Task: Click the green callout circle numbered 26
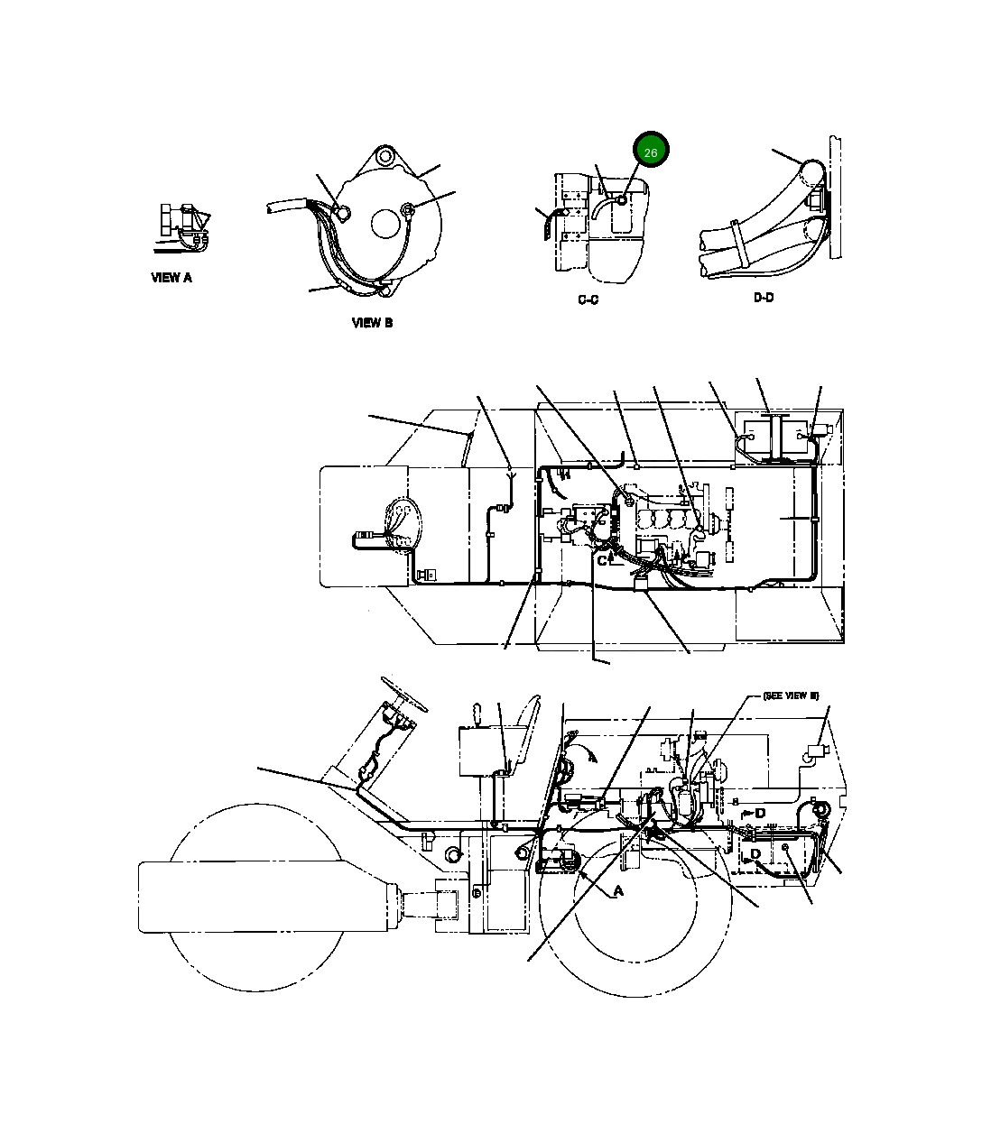(651, 152)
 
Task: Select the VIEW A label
(171, 278)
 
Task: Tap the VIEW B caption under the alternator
(372, 322)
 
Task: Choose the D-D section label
(764, 298)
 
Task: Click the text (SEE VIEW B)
(790, 695)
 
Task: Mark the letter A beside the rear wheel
(618, 891)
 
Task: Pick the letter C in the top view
(602, 560)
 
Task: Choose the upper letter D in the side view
(760, 813)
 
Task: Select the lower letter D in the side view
(755, 853)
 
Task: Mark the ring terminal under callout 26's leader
(622, 197)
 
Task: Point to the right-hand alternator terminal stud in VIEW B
(408, 211)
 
